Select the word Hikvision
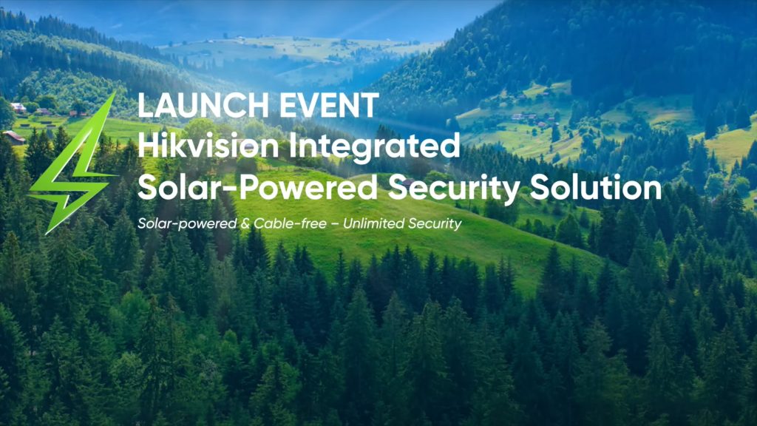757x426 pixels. (208, 146)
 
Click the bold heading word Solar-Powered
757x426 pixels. (257, 187)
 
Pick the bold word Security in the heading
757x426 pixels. (454, 189)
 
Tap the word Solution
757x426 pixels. (596, 187)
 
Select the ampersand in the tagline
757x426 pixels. (245, 223)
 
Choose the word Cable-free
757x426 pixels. (290, 223)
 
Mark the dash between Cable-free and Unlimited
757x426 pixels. (335, 224)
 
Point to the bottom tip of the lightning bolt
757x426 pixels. (47, 233)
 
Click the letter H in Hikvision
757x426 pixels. (148, 146)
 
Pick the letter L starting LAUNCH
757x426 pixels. (146, 105)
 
